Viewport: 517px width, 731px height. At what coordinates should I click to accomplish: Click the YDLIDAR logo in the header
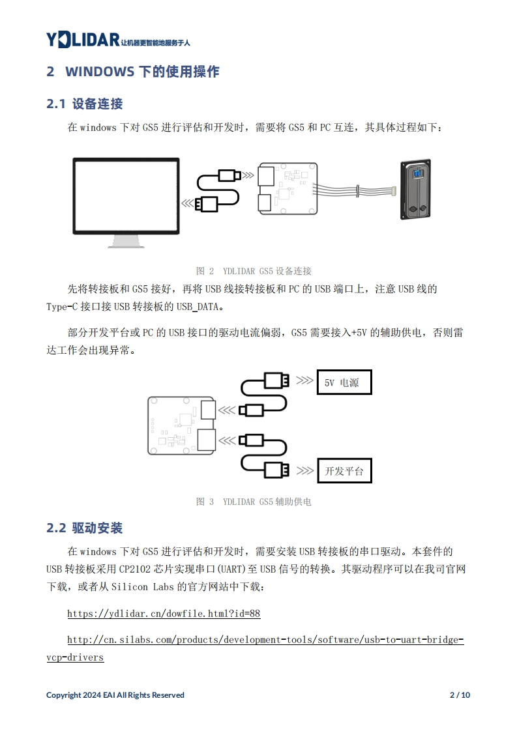tap(82, 40)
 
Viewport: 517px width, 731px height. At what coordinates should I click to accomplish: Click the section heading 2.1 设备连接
tap(85, 104)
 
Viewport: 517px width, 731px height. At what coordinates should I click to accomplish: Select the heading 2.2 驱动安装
tap(85, 528)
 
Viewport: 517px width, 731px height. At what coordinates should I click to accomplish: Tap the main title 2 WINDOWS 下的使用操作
tap(133, 71)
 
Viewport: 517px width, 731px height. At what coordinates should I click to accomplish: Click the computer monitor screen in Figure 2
tap(126, 195)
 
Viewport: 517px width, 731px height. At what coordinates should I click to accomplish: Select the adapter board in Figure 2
tap(288, 188)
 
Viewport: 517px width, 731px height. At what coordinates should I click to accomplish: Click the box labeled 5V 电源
tap(344, 382)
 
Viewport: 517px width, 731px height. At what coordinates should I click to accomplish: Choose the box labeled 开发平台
tap(344, 470)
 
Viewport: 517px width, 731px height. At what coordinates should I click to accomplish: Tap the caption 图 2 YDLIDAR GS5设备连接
tap(254, 271)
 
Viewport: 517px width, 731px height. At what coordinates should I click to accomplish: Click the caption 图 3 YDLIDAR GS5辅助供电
tap(254, 502)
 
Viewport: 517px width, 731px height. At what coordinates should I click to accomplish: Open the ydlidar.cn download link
tap(164, 614)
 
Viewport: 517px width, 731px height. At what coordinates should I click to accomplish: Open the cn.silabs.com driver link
tap(265, 640)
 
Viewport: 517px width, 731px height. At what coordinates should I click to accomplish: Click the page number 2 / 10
tap(460, 695)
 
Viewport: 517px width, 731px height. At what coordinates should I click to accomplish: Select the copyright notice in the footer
tap(115, 695)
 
